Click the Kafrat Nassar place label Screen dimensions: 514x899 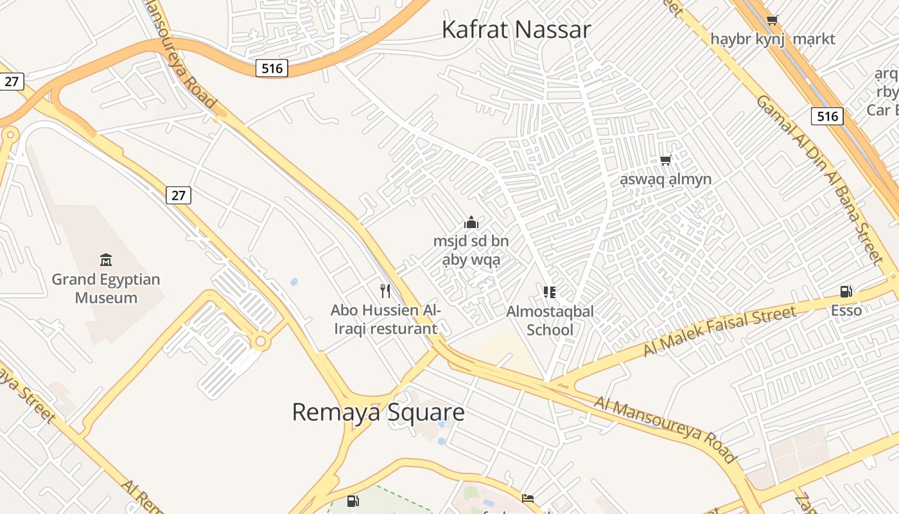[516, 30]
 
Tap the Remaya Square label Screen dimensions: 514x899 [378, 412]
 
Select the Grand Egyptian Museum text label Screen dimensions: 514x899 [106, 288]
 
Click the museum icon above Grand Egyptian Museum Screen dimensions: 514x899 [106, 260]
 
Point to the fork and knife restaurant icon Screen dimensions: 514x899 [385, 291]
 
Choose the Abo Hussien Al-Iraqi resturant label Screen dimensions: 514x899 [385, 319]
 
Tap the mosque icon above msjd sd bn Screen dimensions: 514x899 [471, 222]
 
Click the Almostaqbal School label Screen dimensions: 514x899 [550, 320]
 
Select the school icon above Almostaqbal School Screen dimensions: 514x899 [550, 292]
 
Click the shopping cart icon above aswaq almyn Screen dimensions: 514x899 [666, 160]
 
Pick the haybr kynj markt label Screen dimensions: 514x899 [772, 39]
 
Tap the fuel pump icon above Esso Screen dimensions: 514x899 [846, 292]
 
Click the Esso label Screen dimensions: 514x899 [846, 311]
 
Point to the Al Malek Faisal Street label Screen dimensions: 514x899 [719, 331]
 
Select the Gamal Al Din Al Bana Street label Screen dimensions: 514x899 [819, 179]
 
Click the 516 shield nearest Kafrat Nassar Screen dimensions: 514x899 [272, 68]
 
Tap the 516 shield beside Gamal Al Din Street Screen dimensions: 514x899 [827, 116]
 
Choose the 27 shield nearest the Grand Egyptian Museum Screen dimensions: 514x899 [179, 195]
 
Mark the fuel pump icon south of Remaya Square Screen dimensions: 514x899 [353, 501]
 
